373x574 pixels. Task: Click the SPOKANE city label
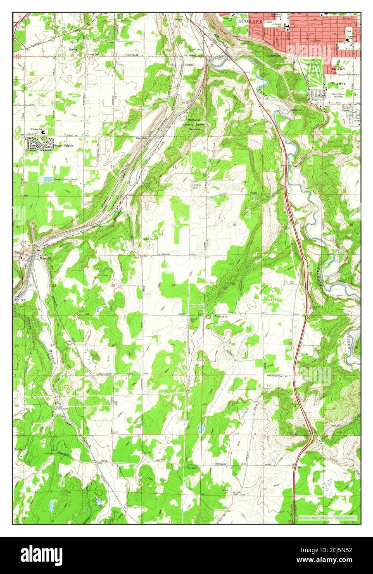point(249,19)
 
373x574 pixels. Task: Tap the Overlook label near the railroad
point(141,138)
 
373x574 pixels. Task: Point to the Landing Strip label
point(196,186)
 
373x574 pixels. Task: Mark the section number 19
point(233,284)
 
